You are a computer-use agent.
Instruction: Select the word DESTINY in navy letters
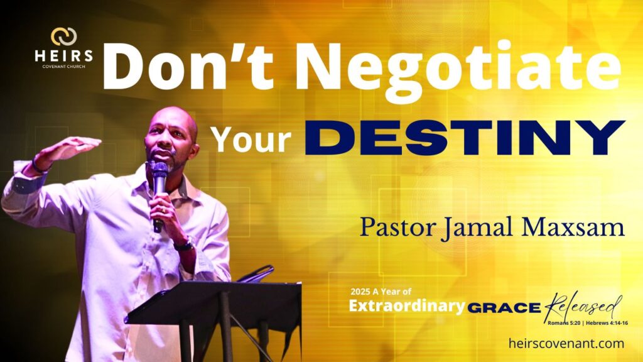[465, 138]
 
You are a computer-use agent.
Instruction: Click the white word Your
[251, 139]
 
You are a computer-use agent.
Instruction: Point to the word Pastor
[396, 226]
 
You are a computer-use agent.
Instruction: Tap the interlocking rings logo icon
[63, 36]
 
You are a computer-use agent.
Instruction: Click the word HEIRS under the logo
[63, 56]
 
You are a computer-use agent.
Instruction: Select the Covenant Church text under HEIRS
[63, 67]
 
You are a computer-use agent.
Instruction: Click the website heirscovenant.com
[566, 343]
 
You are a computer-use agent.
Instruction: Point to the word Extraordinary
[407, 306]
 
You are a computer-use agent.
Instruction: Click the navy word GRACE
[504, 308]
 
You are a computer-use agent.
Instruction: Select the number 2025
[360, 292]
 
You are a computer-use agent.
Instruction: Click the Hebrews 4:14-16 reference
[607, 323]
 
